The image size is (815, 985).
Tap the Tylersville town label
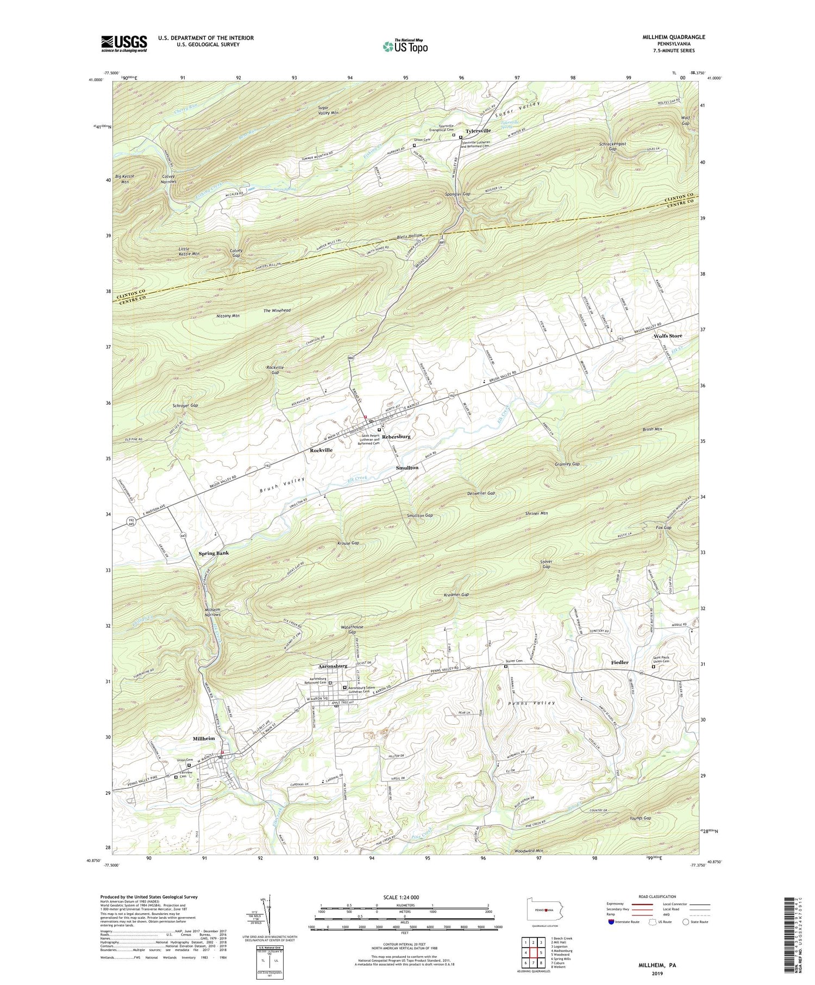(478, 131)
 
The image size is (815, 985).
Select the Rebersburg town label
(396, 436)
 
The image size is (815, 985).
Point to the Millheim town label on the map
(200, 739)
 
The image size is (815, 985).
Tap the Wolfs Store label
(667, 336)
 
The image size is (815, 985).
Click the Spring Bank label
(214, 553)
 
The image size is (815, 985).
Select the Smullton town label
(407, 468)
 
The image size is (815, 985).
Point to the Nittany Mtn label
(228, 316)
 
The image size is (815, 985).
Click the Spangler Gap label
(457, 194)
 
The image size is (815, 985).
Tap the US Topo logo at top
(405, 46)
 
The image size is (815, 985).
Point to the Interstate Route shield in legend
(611, 922)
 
